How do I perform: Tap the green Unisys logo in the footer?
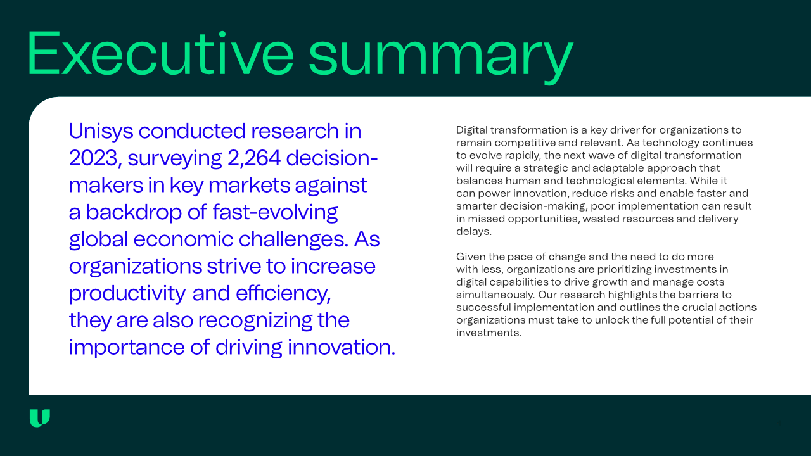[x=40, y=418]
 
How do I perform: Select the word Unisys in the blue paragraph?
[x=101, y=131]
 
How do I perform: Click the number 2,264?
[x=254, y=158]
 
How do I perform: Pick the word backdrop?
[x=134, y=212]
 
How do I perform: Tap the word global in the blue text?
[x=98, y=239]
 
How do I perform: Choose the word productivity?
[x=127, y=293]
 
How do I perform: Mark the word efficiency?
[x=283, y=293]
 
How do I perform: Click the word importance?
[x=127, y=348]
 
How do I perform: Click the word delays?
[x=473, y=232]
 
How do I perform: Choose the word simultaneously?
[x=495, y=295]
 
